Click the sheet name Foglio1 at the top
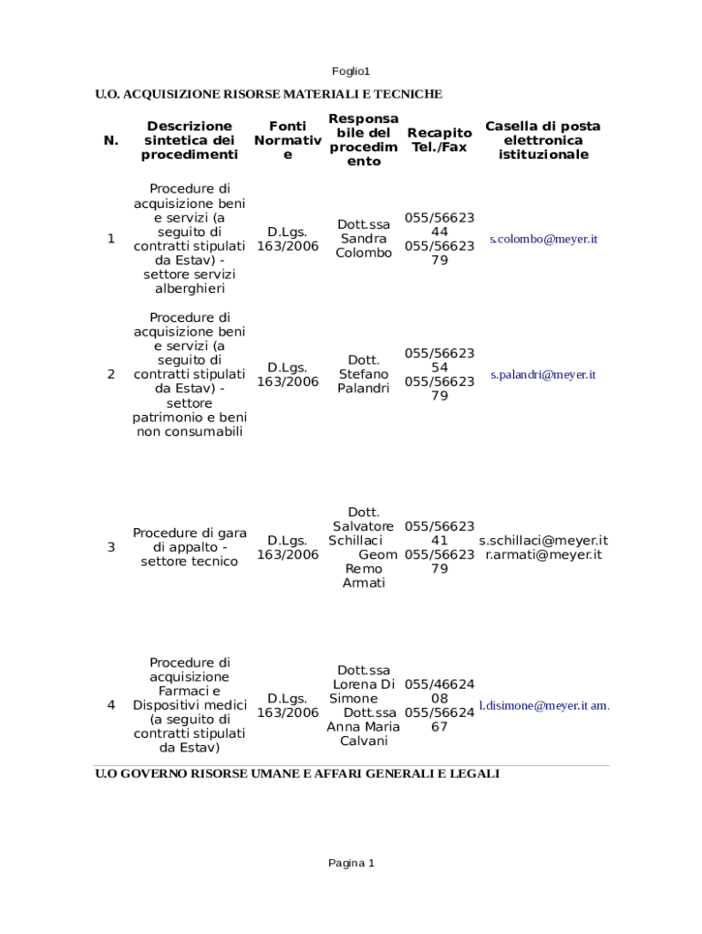point(350,71)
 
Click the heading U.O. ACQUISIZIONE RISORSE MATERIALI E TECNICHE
point(269,94)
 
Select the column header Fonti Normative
point(287,140)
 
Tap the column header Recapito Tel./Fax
point(439,140)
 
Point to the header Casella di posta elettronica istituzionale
point(542,140)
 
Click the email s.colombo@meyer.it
point(543,239)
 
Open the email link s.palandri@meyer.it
point(542,375)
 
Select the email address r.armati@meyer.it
point(543,555)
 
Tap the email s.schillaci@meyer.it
point(543,540)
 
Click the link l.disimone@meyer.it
point(533,705)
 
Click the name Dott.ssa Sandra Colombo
point(364,239)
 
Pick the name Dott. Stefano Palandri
point(364,374)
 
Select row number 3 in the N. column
point(111,547)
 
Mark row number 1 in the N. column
point(111,239)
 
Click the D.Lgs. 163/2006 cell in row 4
point(287,705)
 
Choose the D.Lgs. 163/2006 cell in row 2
point(287,374)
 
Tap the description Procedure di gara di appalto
point(190,547)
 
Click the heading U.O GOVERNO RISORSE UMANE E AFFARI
point(297,773)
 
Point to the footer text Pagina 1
point(351,863)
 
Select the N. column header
point(111,140)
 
